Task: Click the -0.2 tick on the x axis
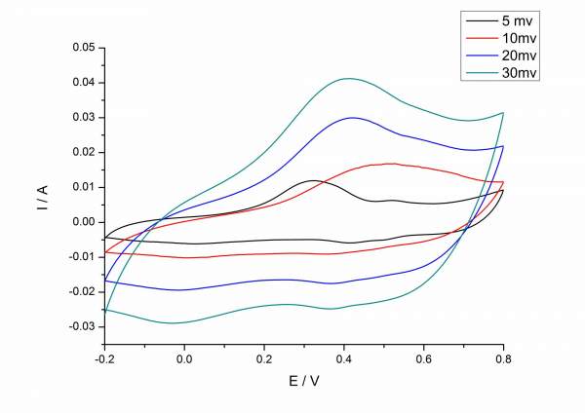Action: pos(102,358)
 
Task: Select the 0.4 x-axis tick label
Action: pos(343,358)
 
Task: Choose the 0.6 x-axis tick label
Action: pos(423,358)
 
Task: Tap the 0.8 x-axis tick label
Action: pos(503,358)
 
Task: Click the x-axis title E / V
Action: pos(303,383)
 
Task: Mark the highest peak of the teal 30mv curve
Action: pos(347,79)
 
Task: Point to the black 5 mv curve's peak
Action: pos(312,180)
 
